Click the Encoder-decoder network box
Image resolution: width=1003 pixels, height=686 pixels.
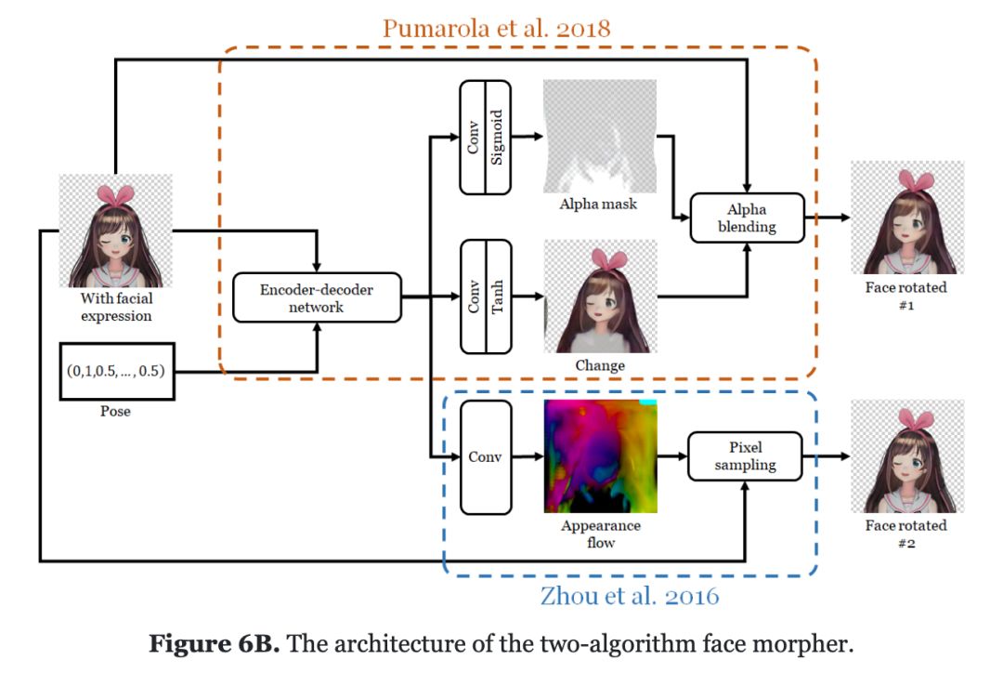pyautogui.click(x=317, y=297)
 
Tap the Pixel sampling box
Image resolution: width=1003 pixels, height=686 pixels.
pyautogui.click(x=745, y=455)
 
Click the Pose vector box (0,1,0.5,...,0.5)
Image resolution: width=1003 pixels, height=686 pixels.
pyautogui.click(x=116, y=371)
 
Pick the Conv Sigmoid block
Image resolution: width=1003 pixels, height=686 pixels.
pyautogui.click(x=486, y=138)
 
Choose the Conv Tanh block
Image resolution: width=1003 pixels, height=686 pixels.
pyautogui.click(x=486, y=297)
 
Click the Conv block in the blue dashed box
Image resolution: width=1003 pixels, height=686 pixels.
pyautogui.click(x=486, y=456)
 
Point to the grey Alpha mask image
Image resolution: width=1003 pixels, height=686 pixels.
pyautogui.click(x=600, y=136)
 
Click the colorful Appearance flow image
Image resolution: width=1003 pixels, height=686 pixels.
pyautogui.click(x=600, y=455)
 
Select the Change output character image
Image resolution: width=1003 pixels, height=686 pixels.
pyautogui.click(x=600, y=296)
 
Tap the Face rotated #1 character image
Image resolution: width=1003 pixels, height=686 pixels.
pyautogui.click(x=906, y=218)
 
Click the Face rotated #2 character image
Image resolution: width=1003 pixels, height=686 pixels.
pyautogui.click(x=906, y=456)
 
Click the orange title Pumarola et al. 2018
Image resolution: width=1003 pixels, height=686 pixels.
pyautogui.click(x=497, y=28)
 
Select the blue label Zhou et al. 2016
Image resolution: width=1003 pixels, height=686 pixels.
pyautogui.click(x=630, y=595)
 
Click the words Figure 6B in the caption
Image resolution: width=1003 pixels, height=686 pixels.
pyautogui.click(x=214, y=644)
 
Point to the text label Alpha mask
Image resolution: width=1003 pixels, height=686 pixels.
pyautogui.click(x=599, y=204)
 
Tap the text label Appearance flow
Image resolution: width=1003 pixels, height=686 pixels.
pyautogui.click(x=601, y=534)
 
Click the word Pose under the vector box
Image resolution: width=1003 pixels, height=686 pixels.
pyautogui.click(x=115, y=411)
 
